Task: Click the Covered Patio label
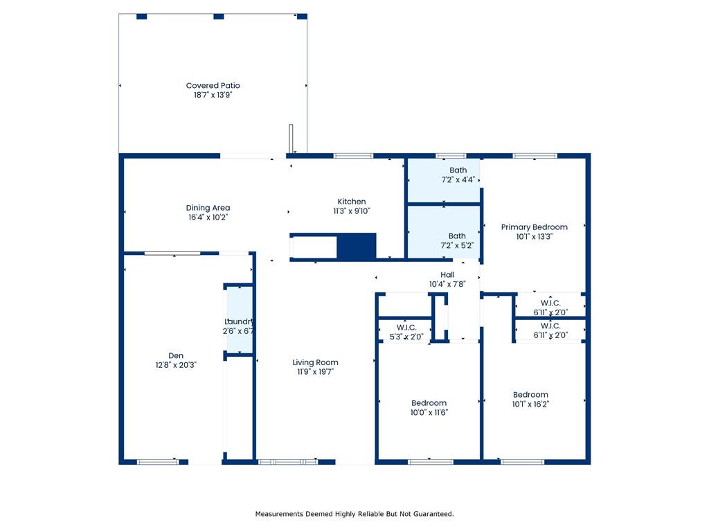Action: click(x=213, y=90)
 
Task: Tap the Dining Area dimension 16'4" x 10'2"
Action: click(x=208, y=217)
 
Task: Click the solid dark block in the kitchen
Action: click(x=357, y=246)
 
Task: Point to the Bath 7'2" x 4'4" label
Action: click(x=458, y=175)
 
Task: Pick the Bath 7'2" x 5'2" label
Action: click(x=457, y=240)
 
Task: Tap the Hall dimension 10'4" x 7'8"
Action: click(x=447, y=284)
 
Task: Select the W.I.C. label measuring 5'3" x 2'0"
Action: click(x=406, y=332)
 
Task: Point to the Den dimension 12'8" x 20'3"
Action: click(x=176, y=365)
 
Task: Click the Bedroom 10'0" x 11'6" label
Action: click(x=429, y=407)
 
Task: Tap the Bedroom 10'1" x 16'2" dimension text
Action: click(x=530, y=404)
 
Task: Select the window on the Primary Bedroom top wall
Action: click(x=535, y=156)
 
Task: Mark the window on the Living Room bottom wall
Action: click(x=288, y=462)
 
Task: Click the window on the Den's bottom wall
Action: click(x=158, y=462)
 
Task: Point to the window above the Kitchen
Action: click(x=353, y=156)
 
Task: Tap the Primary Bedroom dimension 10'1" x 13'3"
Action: click(x=534, y=237)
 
